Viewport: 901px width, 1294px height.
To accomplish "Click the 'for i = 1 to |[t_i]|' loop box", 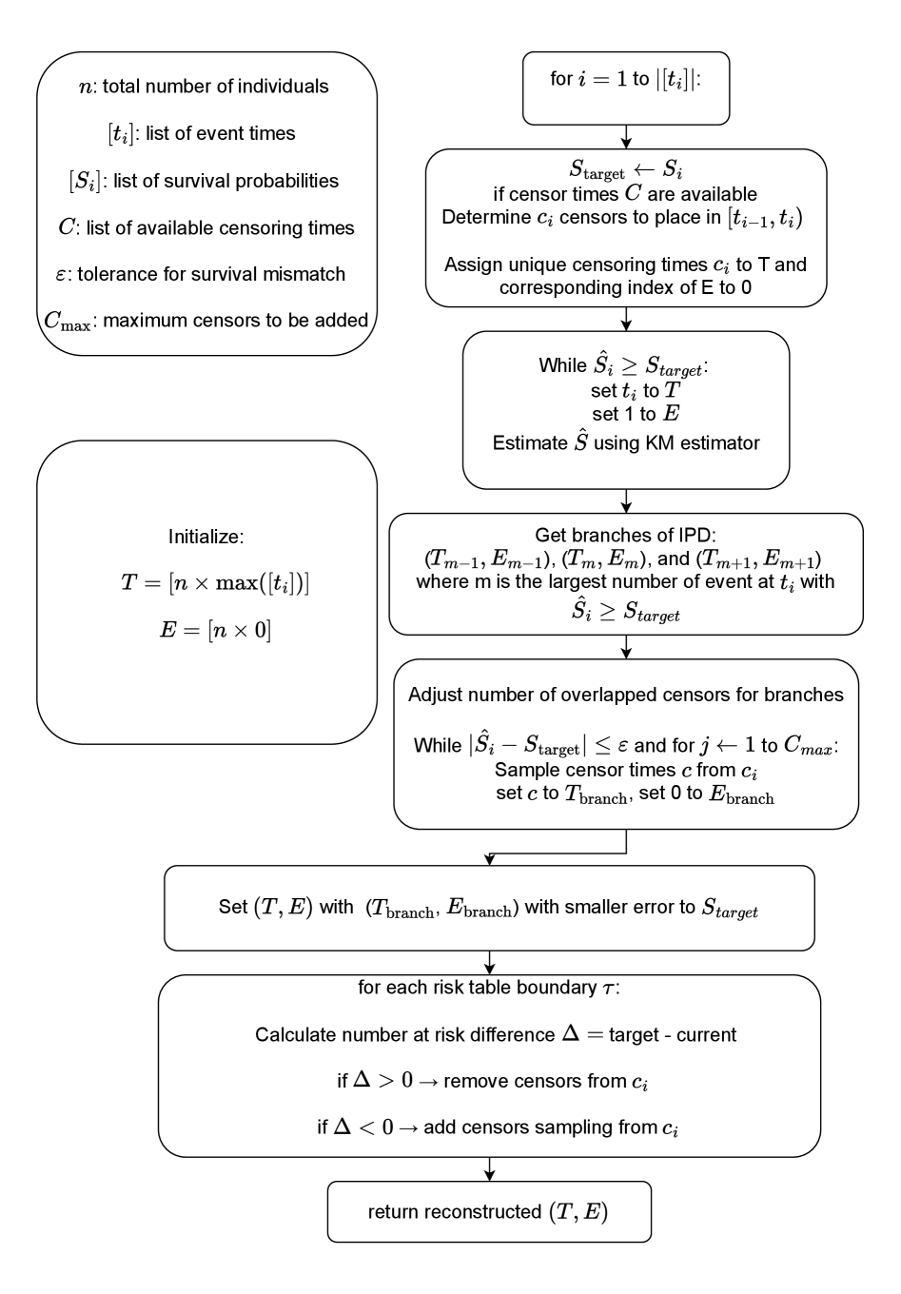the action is pos(626,88).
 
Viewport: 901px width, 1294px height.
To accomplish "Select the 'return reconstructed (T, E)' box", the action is pos(489,1211).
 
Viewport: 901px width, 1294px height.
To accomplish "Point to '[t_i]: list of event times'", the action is pos(205,133).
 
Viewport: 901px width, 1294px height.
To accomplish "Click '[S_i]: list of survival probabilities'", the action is pos(205,180).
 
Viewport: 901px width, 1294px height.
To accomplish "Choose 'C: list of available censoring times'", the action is pos(206,227).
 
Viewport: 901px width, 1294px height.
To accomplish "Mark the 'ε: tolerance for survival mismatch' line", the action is pos(205,274).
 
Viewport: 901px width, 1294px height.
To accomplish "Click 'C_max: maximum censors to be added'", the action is pos(206,320).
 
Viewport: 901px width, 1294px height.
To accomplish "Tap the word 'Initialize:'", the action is pos(206,537).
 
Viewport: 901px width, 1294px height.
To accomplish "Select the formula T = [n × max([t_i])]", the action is pos(215,583).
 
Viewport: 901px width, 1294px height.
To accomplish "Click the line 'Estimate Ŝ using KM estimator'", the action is pos(626,442).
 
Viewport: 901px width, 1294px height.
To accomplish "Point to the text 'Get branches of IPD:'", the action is pos(626,536).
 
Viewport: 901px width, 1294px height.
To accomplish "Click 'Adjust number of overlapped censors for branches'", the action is pos(626,695).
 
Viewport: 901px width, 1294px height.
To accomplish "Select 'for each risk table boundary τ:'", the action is pos(488,988).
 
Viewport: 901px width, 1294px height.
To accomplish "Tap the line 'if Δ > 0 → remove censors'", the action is pos(493,1081).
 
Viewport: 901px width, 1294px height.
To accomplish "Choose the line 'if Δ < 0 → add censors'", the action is pos(498,1127).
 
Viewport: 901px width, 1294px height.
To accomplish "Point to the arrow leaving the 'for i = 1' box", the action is pos(626,137).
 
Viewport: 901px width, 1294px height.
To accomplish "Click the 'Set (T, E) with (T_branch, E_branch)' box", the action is pos(489,908).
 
